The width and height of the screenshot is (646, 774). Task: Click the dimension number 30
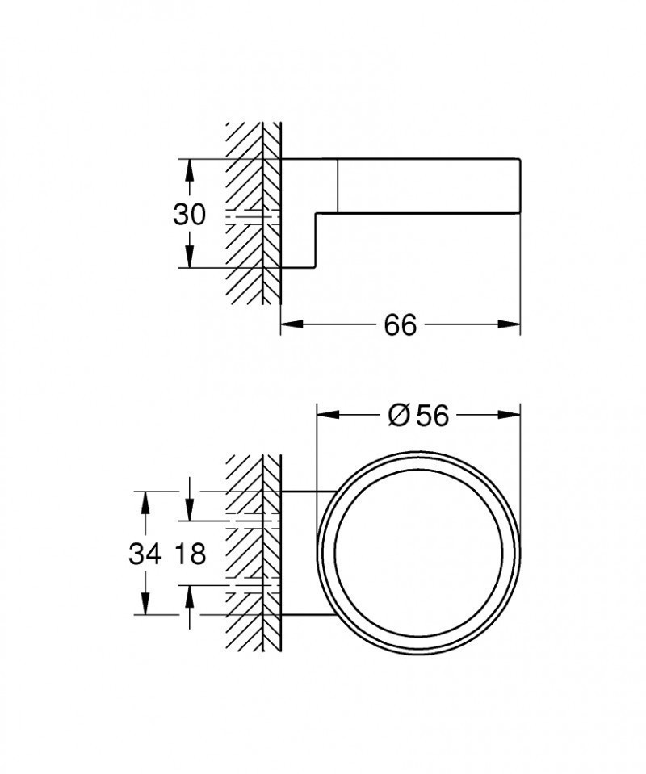[x=190, y=214]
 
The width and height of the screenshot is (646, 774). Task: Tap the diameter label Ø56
[x=417, y=415]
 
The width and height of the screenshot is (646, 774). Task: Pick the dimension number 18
[x=190, y=554]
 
